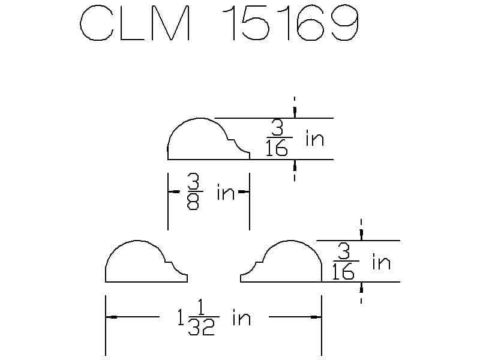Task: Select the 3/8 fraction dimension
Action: (x=194, y=191)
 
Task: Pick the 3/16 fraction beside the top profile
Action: (x=278, y=138)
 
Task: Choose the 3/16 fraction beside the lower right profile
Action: (x=345, y=261)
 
